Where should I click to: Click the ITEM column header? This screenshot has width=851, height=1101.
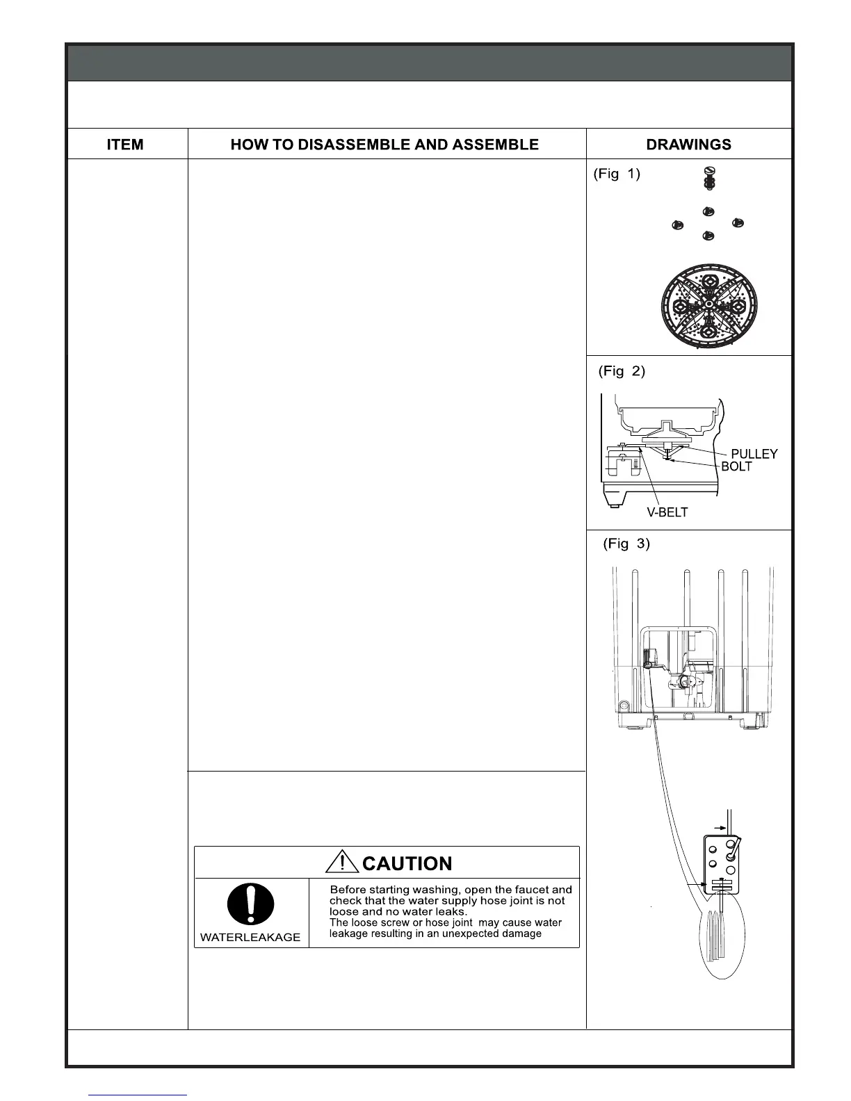coord(125,145)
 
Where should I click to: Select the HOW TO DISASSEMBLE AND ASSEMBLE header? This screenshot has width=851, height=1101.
coord(384,145)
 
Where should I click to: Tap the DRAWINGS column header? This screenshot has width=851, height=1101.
coord(688,145)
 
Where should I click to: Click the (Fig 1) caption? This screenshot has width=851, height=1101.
coord(616,174)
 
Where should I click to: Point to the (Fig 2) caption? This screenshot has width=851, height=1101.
coord(622,371)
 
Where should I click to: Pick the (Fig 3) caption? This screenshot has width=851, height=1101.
coord(626,544)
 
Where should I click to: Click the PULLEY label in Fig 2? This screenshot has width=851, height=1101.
coord(754,454)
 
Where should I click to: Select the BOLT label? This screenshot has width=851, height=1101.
coord(736,467)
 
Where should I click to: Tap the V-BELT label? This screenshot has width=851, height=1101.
coord(667,512)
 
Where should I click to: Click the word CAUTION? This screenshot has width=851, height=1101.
coord(407,864)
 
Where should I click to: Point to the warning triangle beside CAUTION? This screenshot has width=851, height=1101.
coord(342,863)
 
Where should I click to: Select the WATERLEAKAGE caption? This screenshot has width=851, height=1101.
coord(250,937)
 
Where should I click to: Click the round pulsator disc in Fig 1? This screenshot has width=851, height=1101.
coord(707,306)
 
